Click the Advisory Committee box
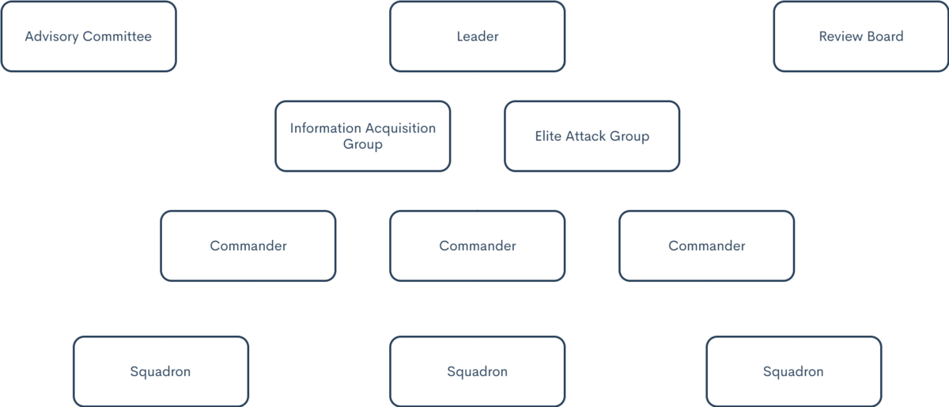89,37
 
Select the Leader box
477,37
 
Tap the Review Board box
860,37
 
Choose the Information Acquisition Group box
363,136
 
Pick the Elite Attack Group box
592,136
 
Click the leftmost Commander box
248,245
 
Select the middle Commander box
477,245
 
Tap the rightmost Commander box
706,245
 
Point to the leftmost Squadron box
161,371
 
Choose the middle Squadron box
477,371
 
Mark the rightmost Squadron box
793,371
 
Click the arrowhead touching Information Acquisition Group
456,137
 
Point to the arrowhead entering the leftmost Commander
248,205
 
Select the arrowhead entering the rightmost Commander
707,205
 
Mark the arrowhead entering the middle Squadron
478,331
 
